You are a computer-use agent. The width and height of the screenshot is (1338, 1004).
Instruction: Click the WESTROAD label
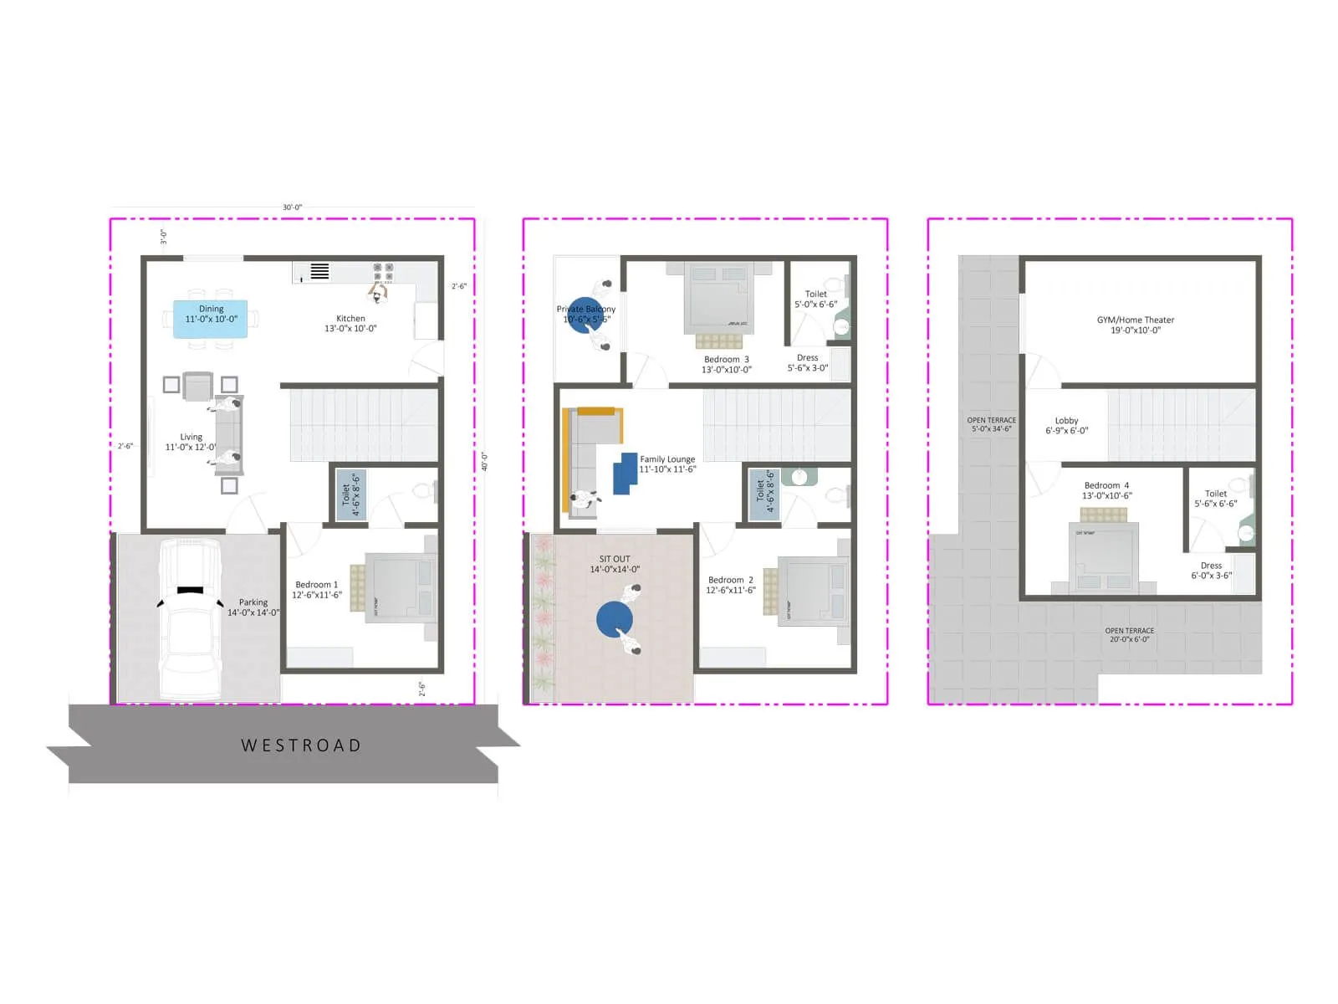point(301,745)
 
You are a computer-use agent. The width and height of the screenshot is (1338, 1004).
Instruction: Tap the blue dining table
point(210,319)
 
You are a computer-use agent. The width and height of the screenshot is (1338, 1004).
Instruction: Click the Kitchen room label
point(350,324)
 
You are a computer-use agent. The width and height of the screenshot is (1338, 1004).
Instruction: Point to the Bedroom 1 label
point(316,590)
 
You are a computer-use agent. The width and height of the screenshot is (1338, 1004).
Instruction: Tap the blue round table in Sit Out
point(615,620)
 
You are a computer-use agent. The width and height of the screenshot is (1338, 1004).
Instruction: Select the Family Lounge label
point(667,464)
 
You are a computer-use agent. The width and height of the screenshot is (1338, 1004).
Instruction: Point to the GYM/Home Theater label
point(1135,325)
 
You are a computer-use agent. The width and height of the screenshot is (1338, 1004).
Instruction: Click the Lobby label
point(1066,426)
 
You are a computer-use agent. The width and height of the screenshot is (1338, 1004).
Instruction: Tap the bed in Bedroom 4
point(1104,556)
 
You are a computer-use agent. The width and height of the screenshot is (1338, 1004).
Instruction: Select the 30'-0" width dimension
point(292,207)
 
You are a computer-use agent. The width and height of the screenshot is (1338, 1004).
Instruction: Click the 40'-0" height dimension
point(484,462)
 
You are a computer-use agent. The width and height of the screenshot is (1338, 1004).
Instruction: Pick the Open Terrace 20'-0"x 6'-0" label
point(1129,635)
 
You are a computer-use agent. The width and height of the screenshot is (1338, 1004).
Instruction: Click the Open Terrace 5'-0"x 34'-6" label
point(991,424)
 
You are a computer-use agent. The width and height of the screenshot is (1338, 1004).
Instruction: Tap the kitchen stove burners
point(384,271)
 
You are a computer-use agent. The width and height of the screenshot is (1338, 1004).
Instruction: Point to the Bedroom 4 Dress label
point(1211,571)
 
